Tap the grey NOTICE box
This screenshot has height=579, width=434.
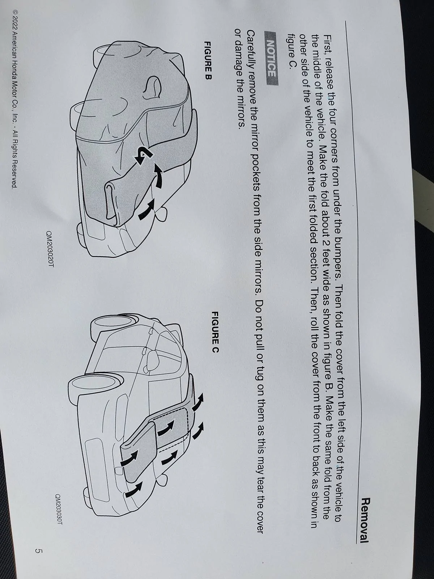(x=272, y=58)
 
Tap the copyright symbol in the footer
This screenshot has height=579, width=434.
(x=15, y=12)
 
